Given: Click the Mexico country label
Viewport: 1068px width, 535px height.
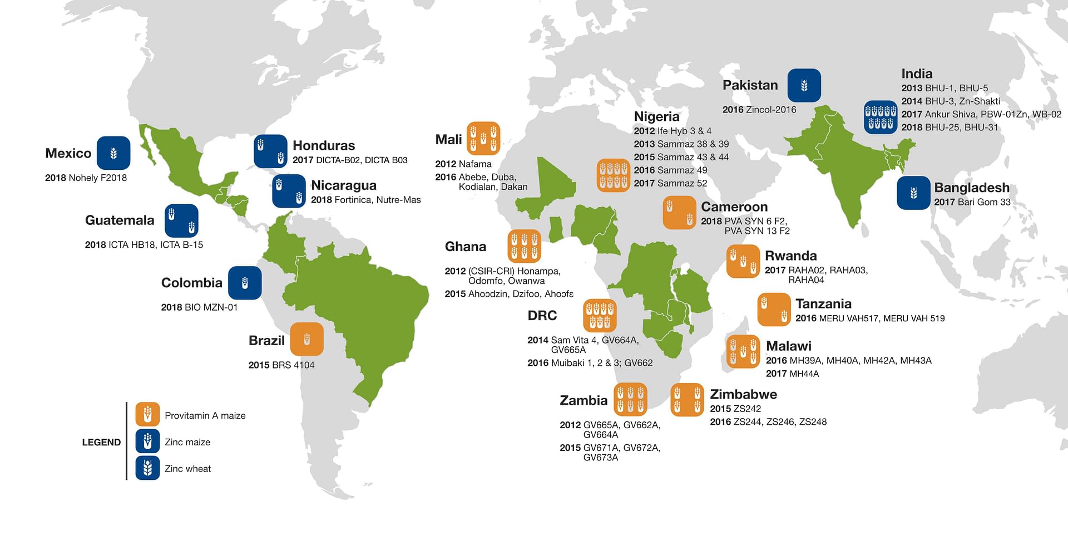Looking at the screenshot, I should pyautogui.click(x=68, y=153).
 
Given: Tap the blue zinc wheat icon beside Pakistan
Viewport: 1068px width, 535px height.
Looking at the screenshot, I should pyautogui.click(x=804, y=85).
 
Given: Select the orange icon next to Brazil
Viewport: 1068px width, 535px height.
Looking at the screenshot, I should pyautogui.click(x=306, y=339).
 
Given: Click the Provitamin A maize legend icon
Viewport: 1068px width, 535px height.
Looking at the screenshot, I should pyautogui.click(x=147, y=415).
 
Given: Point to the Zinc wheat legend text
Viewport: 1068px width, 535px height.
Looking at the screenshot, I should pyautogui.click(x=187, y=469).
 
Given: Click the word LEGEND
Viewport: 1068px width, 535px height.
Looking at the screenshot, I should pyautogui.click(x=101, y=442).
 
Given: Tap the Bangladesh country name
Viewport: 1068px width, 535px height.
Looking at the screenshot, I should pyautogui.click(x=971, y=188).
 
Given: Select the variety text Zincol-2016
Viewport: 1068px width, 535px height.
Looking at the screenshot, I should pyautogui.click(x=770, y=110).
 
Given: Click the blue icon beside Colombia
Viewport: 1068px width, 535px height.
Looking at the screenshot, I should pyautogui.click(x=245, y=283).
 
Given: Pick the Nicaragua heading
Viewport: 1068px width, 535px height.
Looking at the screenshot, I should pyautogui.click(x=343, y=185).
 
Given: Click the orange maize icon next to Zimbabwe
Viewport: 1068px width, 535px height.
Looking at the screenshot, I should pyautogui.click(x=687, y=400).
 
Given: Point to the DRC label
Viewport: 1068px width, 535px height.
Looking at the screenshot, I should pyautogui.click(x=542, y=316).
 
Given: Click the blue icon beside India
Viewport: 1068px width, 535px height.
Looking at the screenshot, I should pyautogui.click(x=880, y=117).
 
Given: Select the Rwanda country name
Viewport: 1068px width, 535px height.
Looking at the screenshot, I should pyautogui.click(x=790, y=256).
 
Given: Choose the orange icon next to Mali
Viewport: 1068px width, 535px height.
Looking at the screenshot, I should pyautogui.click(x=483, y=138).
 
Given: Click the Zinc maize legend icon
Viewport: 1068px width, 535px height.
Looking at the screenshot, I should pyautogui.click(x=147, y=441).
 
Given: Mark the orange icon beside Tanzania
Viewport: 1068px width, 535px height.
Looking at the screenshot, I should pyautogui.click(x=774, y=310).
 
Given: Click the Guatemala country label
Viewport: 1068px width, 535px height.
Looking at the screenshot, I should pyautogui.click(x=119, y=220).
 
